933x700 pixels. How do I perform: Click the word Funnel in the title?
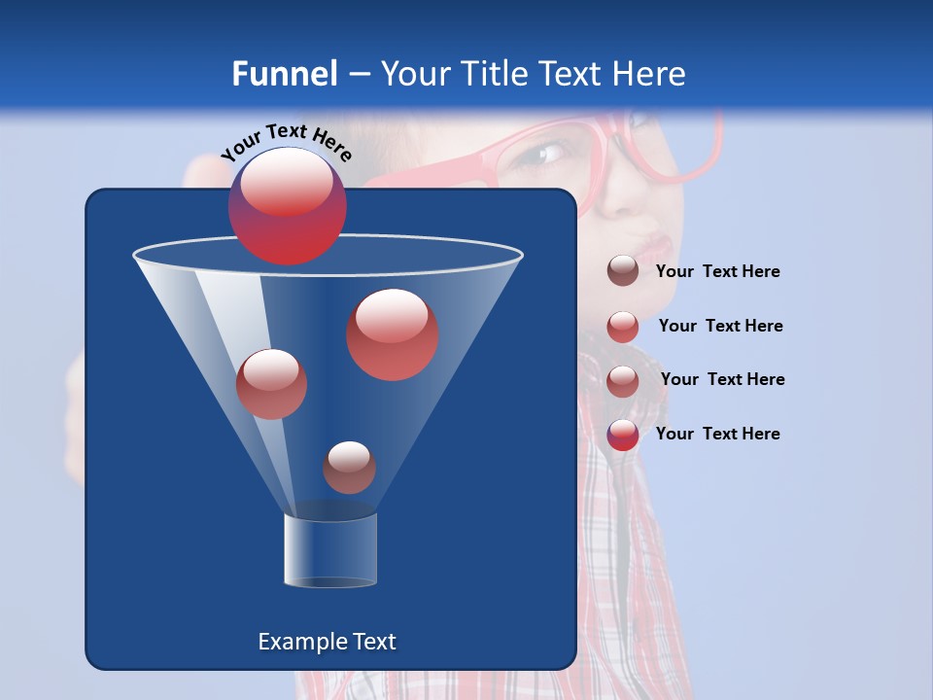(285, 74)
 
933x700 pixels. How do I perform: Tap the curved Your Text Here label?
(287, 143)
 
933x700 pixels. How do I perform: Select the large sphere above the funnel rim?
(287, 206)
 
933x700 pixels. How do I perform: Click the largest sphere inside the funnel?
(392, 334)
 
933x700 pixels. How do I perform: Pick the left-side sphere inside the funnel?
(271, 384)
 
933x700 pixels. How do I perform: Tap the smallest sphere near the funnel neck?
(349, 468)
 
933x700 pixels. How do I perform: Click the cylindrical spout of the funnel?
(329, 550)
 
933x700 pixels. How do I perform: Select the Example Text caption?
(328, 642)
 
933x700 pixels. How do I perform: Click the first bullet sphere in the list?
(623, 271)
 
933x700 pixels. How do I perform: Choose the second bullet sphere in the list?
(623, 327)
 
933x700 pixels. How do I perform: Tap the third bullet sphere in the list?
(623, 381)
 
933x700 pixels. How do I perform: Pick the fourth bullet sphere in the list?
(623, 435)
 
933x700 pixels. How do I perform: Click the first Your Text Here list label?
(718, 271)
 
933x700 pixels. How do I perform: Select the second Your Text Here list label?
(721, 326)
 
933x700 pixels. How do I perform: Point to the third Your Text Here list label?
(723, 379)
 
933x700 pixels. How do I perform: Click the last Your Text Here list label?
(718, 434)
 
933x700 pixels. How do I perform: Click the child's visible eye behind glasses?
(551, 154)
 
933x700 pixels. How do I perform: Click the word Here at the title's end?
(651, 74)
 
